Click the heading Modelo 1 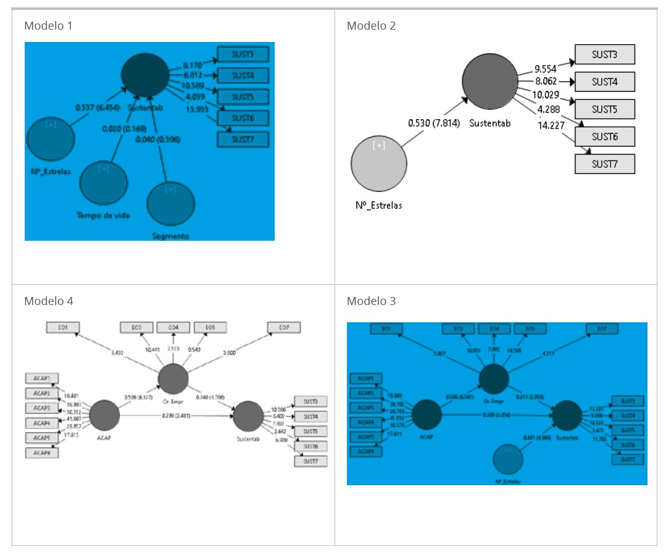coord(48,26)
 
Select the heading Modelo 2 coord(371,26)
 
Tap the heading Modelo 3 coord(371,301)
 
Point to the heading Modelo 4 coord(48,301)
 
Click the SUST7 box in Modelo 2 coord(604,164)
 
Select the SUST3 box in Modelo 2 coord(604,54)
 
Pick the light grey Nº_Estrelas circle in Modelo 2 coord(378,164)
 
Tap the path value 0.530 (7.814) coord(433,123)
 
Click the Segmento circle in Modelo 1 coord(170,204)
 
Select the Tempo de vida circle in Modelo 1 coord(103,183)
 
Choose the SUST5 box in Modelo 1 coord(243,97)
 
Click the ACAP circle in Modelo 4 coord(104,415)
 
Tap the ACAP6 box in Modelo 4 coord(41,453)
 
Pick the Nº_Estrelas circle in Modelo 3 coord(508,459)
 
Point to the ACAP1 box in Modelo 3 coord(365,378)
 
